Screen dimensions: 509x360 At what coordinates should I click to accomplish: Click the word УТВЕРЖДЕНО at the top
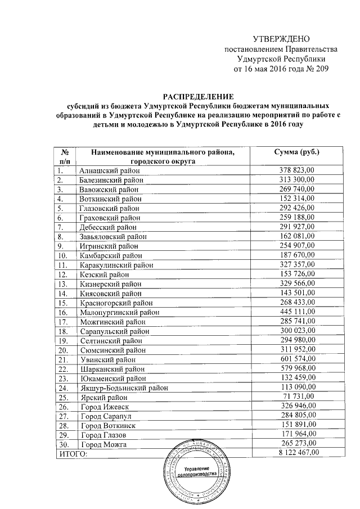click(281, 38)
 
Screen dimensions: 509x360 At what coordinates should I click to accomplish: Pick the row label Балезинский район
click(112, 179)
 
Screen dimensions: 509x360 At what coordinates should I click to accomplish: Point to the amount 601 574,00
click(297, 359)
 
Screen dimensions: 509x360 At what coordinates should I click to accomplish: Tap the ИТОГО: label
click(74, 453)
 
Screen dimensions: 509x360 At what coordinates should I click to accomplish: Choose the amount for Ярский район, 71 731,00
click(299, 397)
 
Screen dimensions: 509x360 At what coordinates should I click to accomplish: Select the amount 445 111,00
click(297, 312)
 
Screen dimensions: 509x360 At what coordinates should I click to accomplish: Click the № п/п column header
click(64, 156)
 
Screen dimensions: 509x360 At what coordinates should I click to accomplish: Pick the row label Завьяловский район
click(112, 236)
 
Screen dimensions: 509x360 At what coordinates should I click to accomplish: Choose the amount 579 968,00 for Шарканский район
click(297, 368)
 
